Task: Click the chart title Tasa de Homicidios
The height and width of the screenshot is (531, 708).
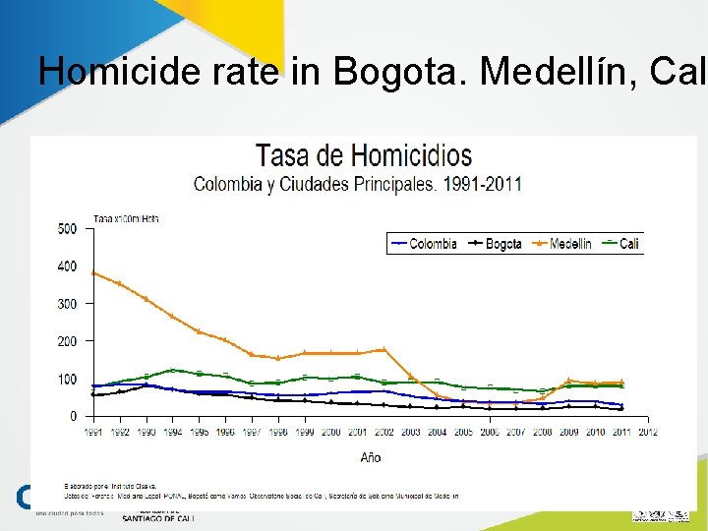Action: [x=364, y=155]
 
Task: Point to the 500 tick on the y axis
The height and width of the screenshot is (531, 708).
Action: [x=67, y=229]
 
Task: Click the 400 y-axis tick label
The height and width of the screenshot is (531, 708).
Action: [x=67, y=266]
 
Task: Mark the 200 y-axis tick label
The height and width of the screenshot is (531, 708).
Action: [x=67, y=341]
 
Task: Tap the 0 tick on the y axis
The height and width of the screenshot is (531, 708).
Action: [x=73, y=416]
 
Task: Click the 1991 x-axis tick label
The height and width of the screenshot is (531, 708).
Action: [x=93, y=432]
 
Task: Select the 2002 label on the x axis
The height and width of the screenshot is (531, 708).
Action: [x=383, y=432]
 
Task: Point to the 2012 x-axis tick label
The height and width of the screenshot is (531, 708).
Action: [x=647, y=432]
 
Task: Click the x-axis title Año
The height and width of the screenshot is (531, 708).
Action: [x=370, y=457]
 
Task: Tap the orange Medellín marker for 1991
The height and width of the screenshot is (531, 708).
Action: [x=93, y=272]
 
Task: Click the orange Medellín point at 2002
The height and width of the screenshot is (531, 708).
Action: [x=383, y=349]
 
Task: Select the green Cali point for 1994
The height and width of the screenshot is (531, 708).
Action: [x=172, y=370]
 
